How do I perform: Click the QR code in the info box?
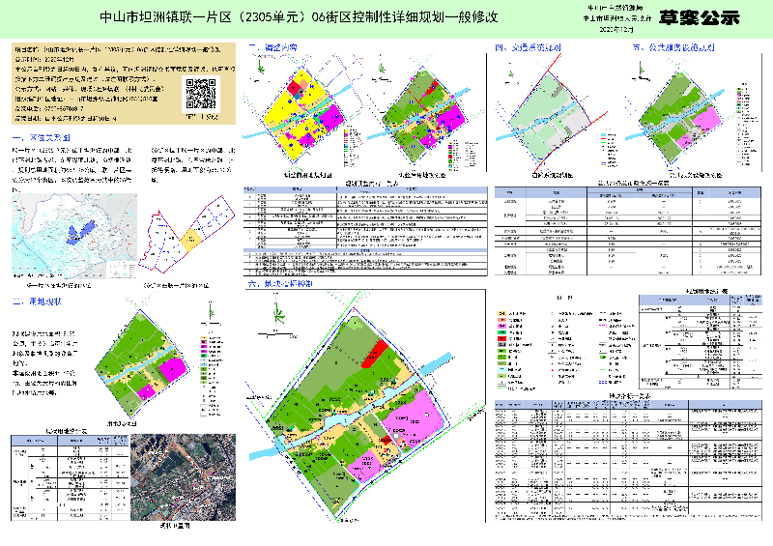[x=200, y=93]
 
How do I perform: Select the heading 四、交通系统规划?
[x=528, y=47]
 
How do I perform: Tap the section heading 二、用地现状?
[x=38, y=302]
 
